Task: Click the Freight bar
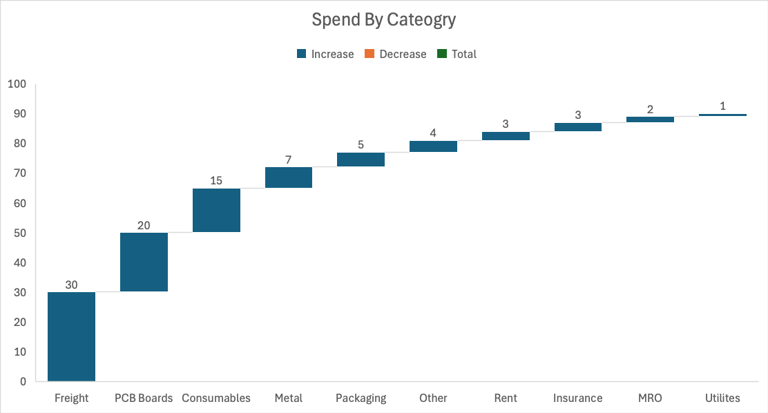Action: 71,336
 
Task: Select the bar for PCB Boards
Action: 144,262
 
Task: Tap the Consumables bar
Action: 216,210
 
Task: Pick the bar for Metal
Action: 289,177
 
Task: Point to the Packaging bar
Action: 361,160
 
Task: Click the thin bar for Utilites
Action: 722,115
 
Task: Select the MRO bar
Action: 650,119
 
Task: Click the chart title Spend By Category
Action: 383,19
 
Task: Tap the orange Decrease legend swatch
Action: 369,54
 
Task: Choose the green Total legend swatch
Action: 442,54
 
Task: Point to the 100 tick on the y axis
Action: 17,84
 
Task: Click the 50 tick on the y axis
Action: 19,233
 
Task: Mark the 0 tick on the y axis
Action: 22,381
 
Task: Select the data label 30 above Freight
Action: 71,285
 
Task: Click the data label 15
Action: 216,181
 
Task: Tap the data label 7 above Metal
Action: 289,160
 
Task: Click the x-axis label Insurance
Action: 577,398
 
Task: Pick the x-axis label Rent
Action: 506,398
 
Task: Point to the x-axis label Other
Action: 433,398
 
